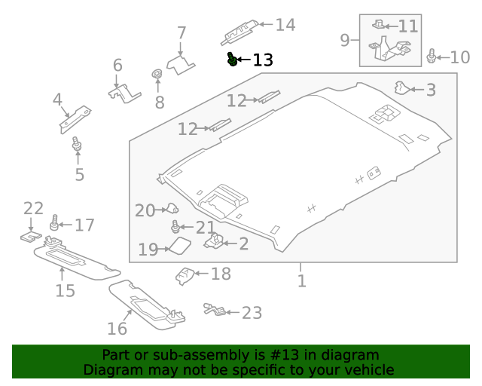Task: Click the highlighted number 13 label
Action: point(263,60)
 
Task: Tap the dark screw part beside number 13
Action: point(233,59)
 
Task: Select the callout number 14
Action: point(285,26)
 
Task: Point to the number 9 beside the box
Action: point(345,39)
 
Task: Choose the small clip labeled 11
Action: point(380,24)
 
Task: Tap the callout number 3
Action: point(430,90)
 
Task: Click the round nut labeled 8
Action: point(157,75)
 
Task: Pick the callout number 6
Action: point(117,66)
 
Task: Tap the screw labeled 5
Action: point(77,144)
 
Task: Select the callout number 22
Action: point(34,208)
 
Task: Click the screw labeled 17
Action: point(54,224)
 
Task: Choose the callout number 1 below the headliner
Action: point(301,281)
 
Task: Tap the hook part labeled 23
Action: point(214,308)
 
